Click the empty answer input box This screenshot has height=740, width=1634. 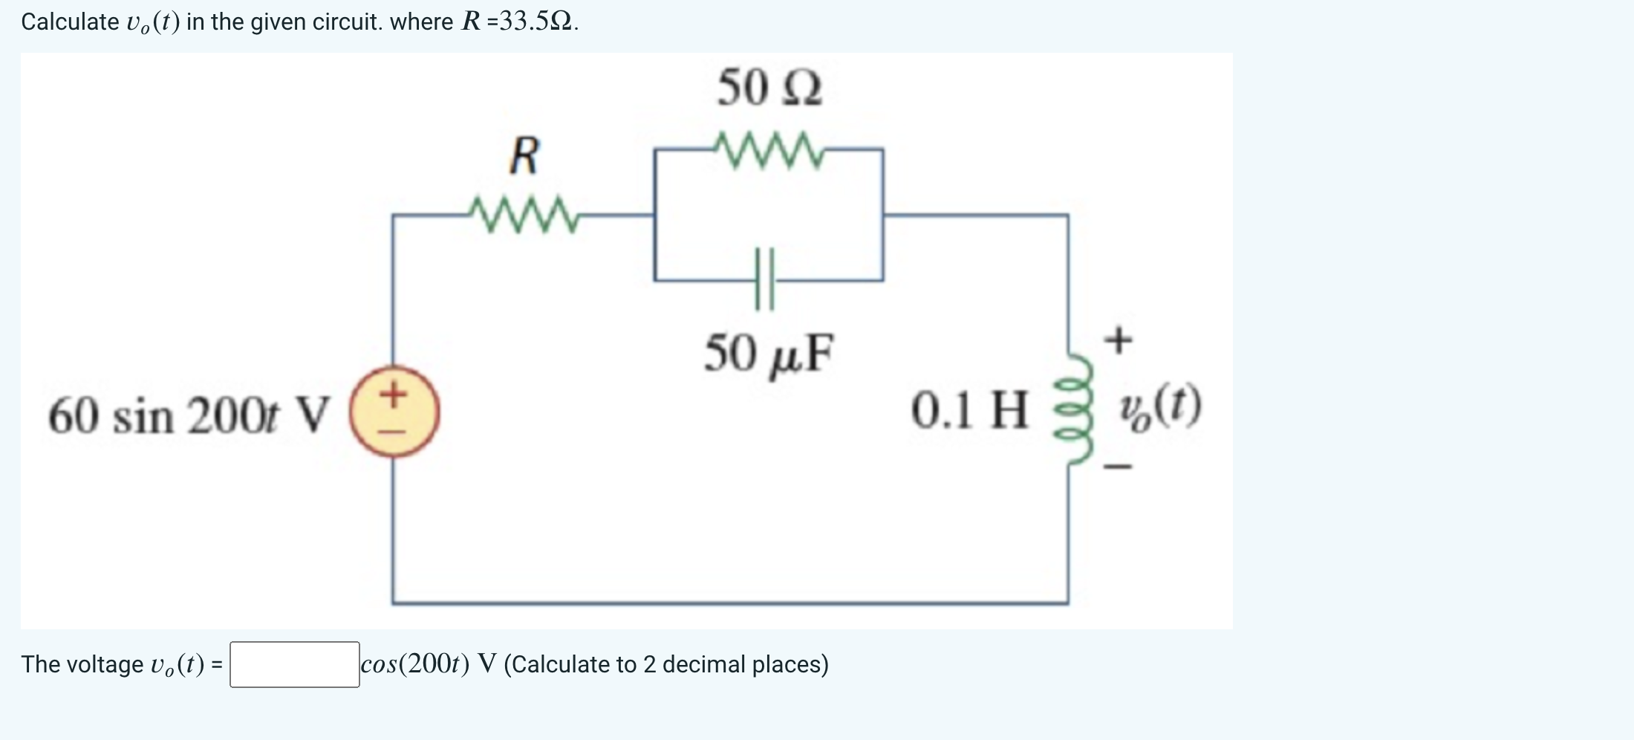pos(294,664)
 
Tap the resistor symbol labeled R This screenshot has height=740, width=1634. pos(524,215)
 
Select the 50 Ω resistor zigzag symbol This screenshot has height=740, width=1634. pos(768,150)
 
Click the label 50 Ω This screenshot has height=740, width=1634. pos(769,88)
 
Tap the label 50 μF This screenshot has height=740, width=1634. pos(769,354)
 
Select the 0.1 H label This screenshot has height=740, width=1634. pos(969,410)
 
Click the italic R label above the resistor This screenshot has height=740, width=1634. pos(524,156)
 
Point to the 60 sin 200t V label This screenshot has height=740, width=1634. pos(188,415)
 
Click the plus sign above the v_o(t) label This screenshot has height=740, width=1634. pos(1119,341)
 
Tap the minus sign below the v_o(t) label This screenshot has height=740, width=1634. pos(1119,467)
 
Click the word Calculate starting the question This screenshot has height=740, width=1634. pos(70,22)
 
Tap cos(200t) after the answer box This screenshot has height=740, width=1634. pos(414,663)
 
